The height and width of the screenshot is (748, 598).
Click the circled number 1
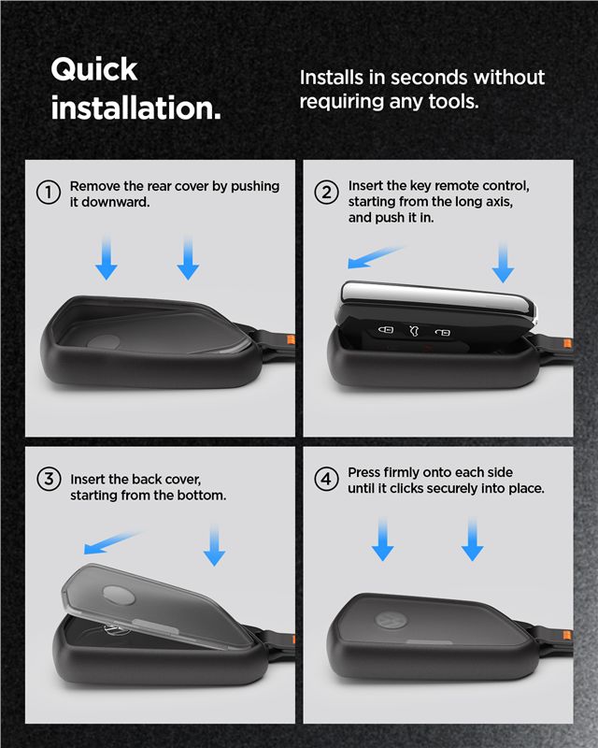tap(49, 193)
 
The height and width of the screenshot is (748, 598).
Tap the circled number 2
tap(327, 192)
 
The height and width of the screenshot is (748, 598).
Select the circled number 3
tap(49, 479)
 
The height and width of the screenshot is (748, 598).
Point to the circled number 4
tap(327, 479)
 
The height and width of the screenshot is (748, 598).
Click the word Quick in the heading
tap(94, 70)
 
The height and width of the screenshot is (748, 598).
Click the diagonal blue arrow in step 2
tap(376, 256)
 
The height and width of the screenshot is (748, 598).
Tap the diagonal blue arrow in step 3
tap(112, 542)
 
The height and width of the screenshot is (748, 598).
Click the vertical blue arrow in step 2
tap(503, 262)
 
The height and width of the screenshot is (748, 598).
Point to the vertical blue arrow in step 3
tap(215, 545)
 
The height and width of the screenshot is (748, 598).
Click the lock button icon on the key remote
tap(386, 329)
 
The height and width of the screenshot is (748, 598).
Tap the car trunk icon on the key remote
tap(415, 330)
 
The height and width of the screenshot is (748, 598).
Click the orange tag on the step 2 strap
tap(567, 343)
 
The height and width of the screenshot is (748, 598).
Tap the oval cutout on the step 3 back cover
tap(119, 595)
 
